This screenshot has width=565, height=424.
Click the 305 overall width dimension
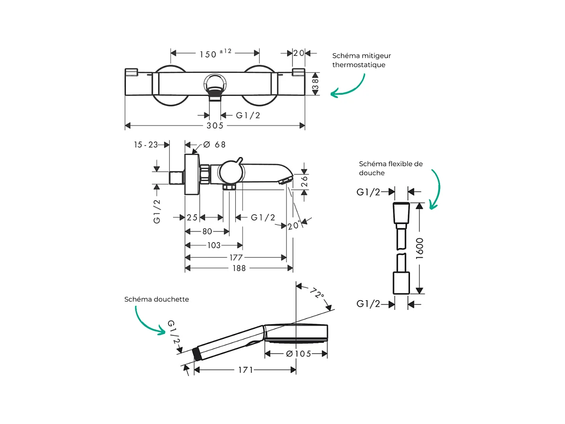(215, 126)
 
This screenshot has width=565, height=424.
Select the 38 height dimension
(315, 84)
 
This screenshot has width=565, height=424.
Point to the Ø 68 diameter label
(214, 145)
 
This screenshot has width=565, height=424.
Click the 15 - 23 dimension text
(145, 145)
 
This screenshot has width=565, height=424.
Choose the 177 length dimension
(236, 257)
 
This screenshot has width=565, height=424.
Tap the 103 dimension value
(214, 245)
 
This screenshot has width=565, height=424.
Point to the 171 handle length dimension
(245, 370)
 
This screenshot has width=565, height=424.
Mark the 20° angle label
(293, 225)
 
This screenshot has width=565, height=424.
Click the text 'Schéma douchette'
(157, 299)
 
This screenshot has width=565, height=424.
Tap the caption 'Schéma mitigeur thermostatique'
(362, 60)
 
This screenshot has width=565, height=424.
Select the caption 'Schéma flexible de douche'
(390, 168)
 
